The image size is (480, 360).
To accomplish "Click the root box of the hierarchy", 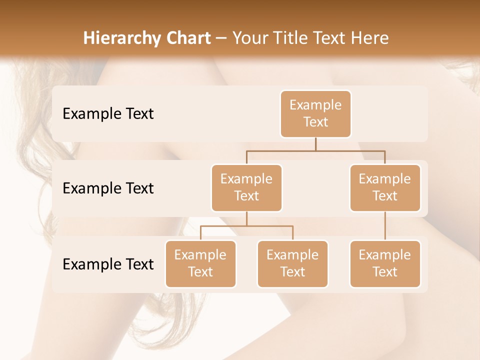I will pyautogui.click(x=315, y=113).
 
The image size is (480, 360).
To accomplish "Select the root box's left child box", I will pyautogui.click(x=246, y=187).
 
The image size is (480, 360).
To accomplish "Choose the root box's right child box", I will pyautogui.click(x=385, y=187).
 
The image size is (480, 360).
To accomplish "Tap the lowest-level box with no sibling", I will pyautogui.click(x=385, y=263).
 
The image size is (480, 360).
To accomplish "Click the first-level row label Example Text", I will pyautogui.click(x=108, y=114).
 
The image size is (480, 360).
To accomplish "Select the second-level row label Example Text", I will pyautogui.click(x=108, y=188).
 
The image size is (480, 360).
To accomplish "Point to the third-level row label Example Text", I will pyautogui.click(x=108, y=264).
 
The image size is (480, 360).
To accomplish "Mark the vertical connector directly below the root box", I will pyautogui.click(x=315, y=144).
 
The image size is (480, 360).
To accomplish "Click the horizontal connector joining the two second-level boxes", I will pyautogui.click(x=315, y=150).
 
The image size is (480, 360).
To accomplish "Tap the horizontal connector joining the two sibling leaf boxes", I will pyautogui.click(x=246, y=226).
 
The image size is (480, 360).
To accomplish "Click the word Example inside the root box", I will pyautogui.click(x=315, y=105).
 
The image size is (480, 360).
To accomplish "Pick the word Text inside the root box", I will pyautogui.click(x=315, y=122).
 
